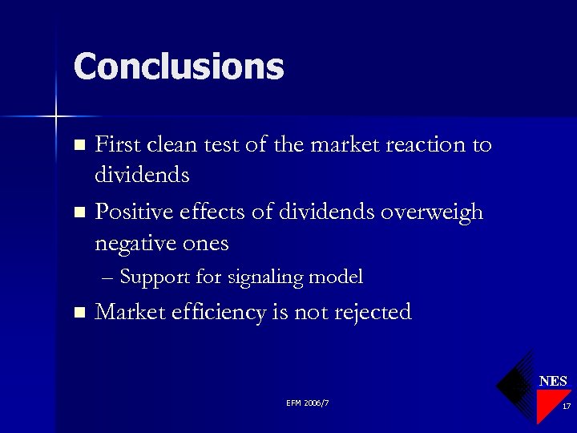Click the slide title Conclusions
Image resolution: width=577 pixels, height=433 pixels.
178,67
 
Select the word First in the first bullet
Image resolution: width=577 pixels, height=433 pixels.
117,145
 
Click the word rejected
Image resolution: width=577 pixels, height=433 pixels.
371,313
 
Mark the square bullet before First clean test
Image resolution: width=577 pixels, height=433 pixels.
79,146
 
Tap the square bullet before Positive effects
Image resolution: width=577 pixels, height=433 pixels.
79,213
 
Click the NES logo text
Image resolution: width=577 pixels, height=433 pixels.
553,381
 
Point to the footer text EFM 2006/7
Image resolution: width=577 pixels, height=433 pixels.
307,403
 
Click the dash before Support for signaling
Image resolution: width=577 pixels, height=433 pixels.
109,278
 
